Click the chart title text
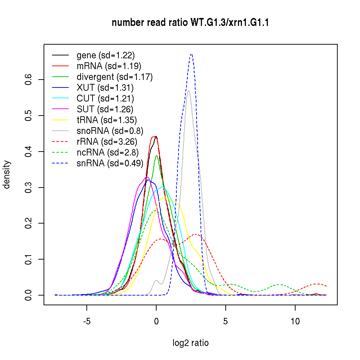190,23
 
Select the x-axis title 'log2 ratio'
190,343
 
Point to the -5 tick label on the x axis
87,321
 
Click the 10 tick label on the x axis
295,321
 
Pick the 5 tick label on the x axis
225,321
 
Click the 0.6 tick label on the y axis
30,80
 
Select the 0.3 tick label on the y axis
30,187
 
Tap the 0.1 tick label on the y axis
30,259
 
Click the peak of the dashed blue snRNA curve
191,54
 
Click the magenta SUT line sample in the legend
60,109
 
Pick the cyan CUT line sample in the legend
60,99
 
